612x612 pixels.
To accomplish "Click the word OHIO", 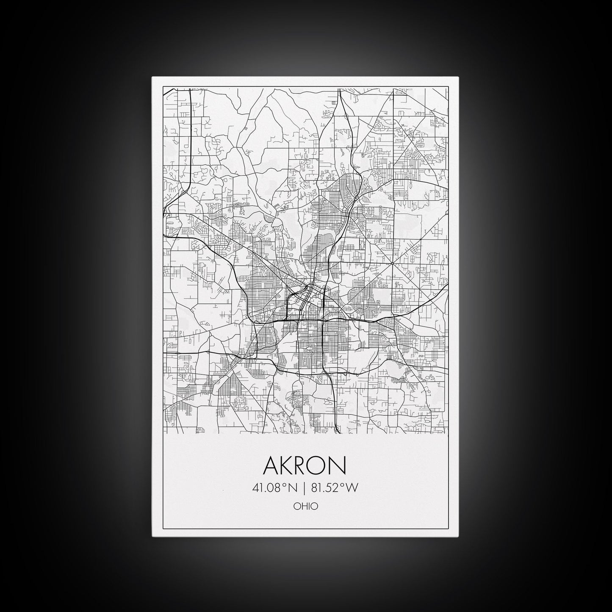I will pyautogui.click(x=305, y=506).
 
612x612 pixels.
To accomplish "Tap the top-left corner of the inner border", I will pyautogui.click(x=163, y=87).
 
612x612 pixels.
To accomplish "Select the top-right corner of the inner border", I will pyautogui.click(x=449, y=87).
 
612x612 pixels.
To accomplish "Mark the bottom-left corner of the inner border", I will pyautogui.click(x=163, y=529).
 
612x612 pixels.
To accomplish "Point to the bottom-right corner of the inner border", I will pyautogui.click(x=449, y=529).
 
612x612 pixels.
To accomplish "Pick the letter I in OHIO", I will pyautogui.click(x=308, y=506).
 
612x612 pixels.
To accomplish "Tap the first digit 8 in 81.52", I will pyautogui.click(x=315, y=488).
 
